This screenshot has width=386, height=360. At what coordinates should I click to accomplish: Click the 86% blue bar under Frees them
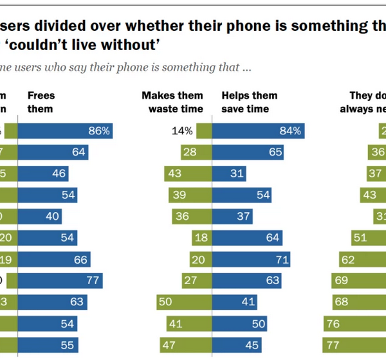[65, 131]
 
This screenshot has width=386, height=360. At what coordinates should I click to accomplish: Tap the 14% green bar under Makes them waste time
[204, 131]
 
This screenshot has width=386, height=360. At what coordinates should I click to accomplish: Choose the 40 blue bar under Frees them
[42, 217]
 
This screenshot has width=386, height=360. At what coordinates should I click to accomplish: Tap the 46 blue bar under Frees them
[43, 174]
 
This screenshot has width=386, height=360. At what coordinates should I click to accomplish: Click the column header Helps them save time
[249, 102]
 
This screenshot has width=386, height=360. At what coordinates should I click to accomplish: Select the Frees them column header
[41, 102]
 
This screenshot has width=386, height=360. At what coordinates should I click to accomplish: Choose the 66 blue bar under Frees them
[54, 259]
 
